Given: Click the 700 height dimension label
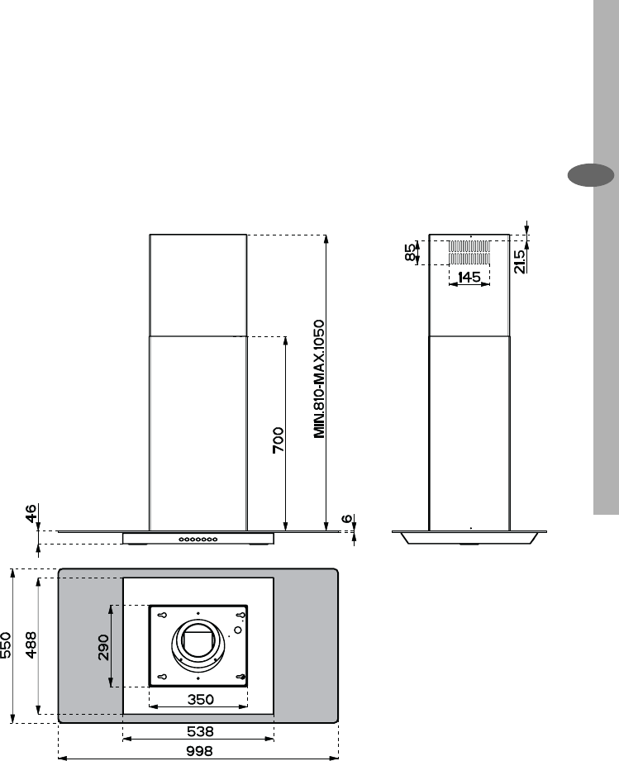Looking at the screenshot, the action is [279, 440].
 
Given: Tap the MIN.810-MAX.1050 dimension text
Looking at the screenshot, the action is [319, 379].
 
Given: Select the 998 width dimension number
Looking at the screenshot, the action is [199, 751].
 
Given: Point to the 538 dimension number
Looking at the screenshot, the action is [199, 731].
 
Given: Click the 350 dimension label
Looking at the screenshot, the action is [201, 699].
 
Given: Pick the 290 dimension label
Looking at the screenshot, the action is [104, 648].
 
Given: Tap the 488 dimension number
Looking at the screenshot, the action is [31, 644].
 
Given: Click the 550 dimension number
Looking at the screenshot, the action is [6, 645].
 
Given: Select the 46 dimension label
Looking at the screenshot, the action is [30, 513].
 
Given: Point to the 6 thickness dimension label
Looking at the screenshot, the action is [348, 518].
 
